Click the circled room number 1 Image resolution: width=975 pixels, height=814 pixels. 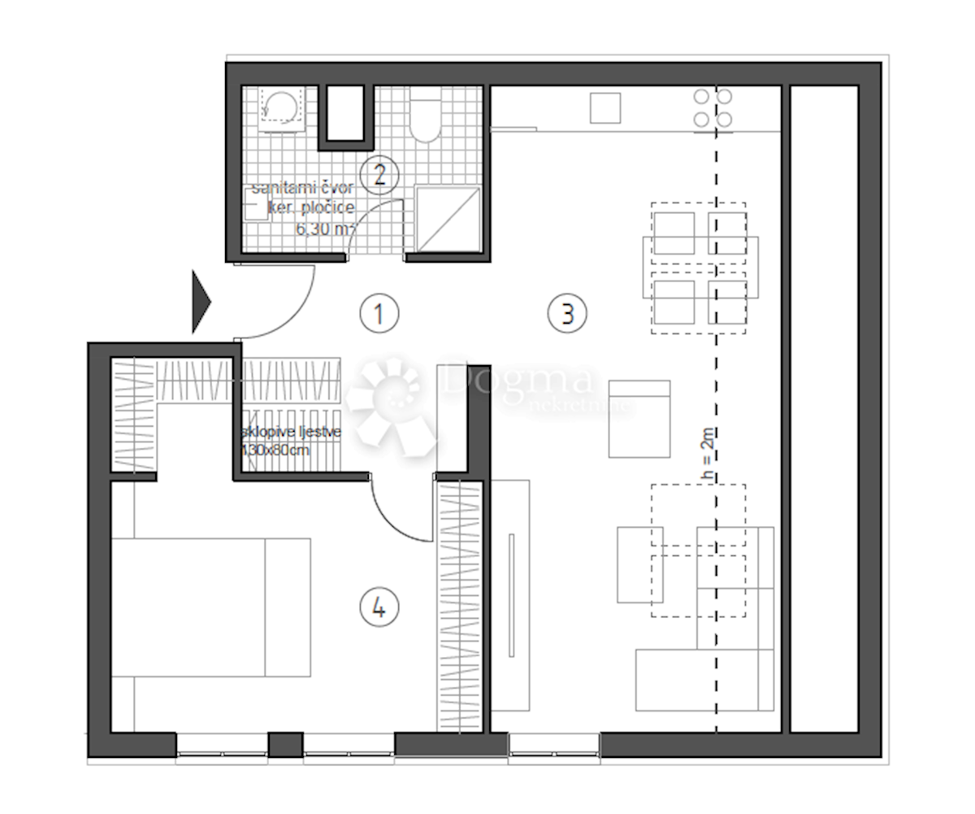click(379, 313)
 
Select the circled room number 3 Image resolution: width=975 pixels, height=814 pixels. click(566, 313)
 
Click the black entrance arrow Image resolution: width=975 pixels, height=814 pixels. click(201, 303)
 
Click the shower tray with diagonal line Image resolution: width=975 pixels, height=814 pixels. click(448, 218)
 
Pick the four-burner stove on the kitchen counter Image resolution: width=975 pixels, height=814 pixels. click(713, 108)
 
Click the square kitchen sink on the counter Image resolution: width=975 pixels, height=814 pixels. click(604, 108)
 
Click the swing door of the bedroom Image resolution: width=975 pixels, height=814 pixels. click(398, 512)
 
